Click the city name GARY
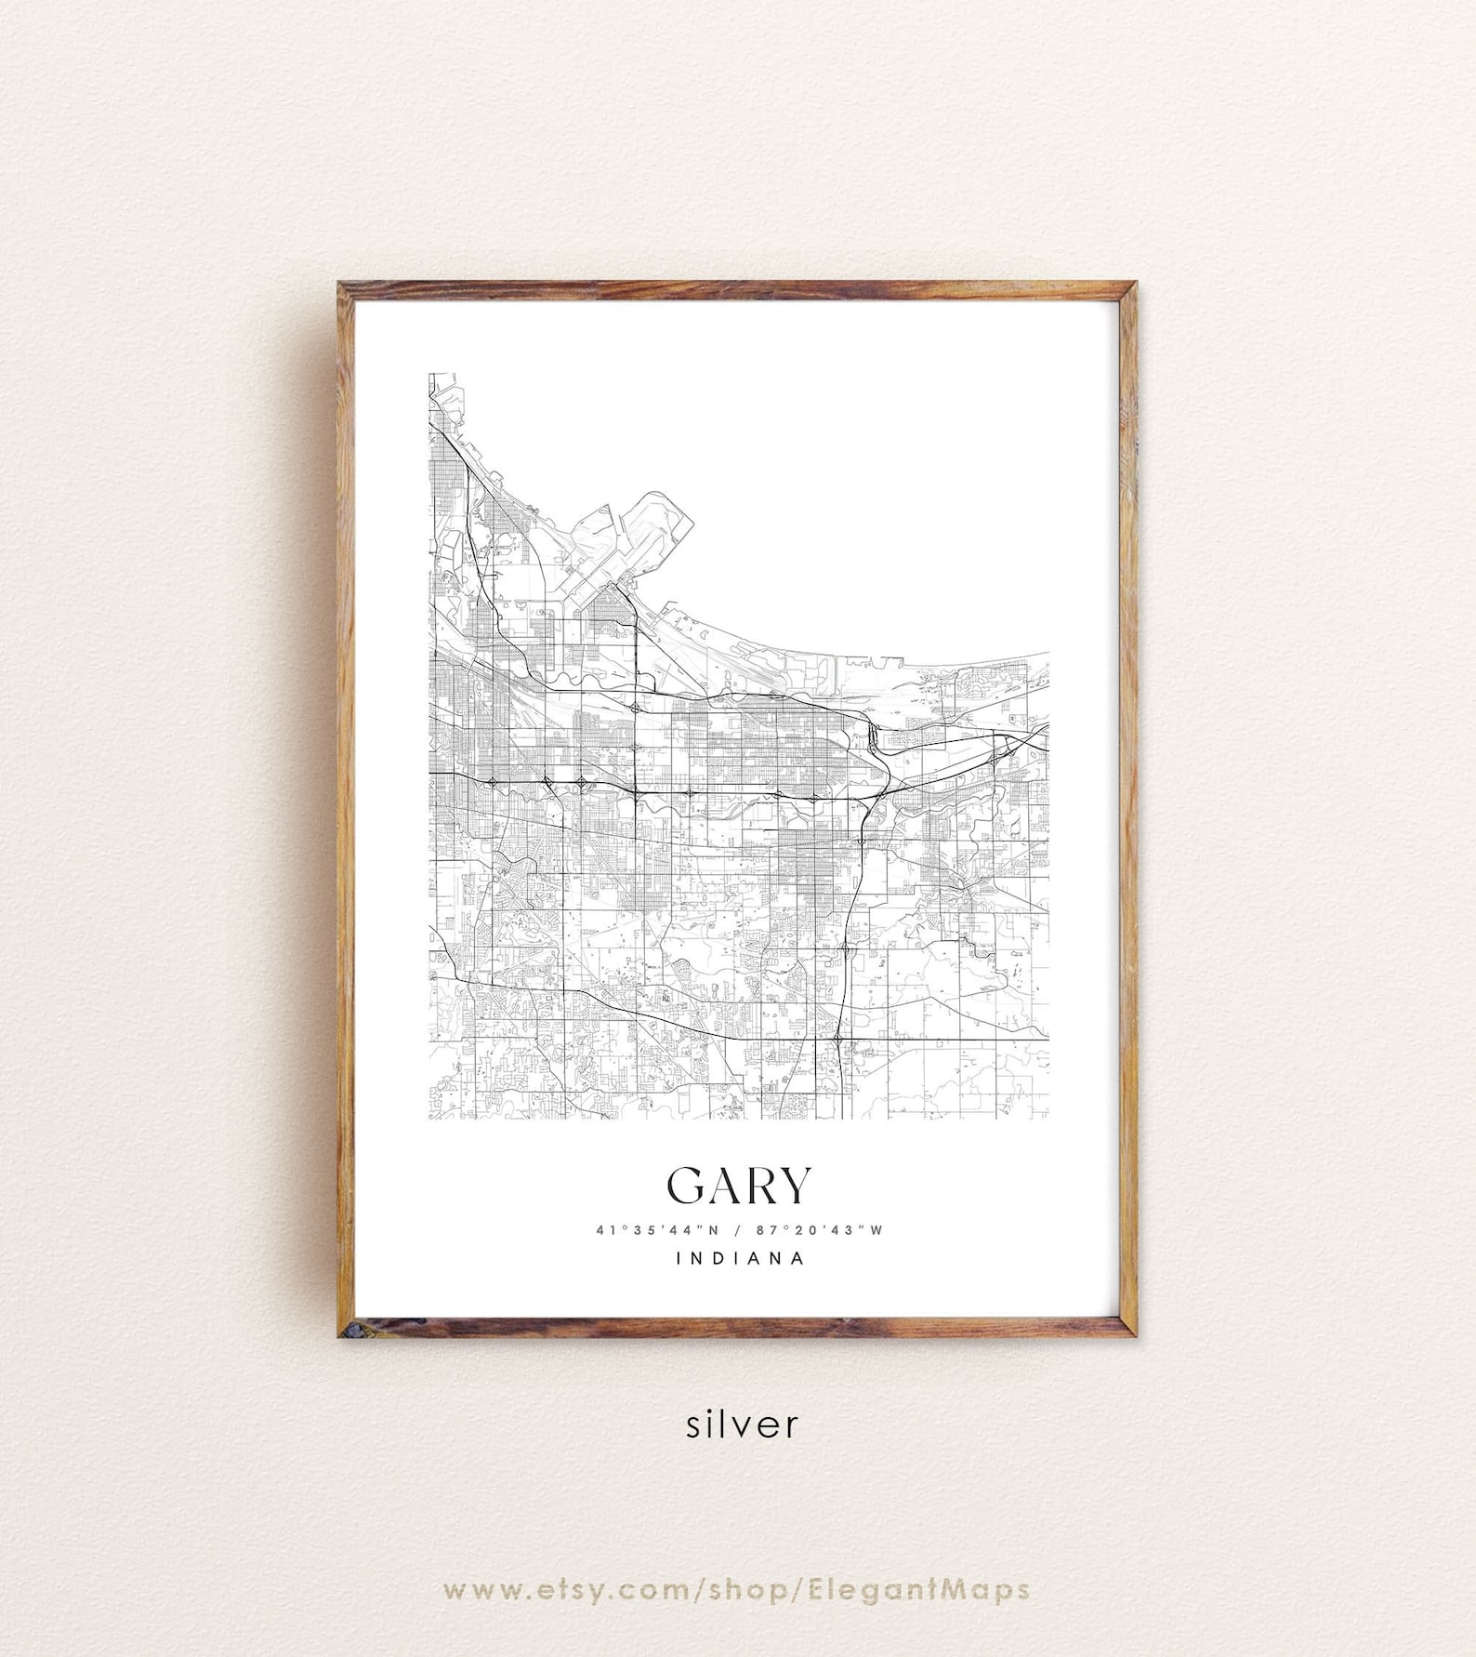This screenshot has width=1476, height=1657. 739,1185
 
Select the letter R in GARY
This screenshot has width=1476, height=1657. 759,1185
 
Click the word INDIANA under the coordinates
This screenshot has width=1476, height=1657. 739,1259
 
